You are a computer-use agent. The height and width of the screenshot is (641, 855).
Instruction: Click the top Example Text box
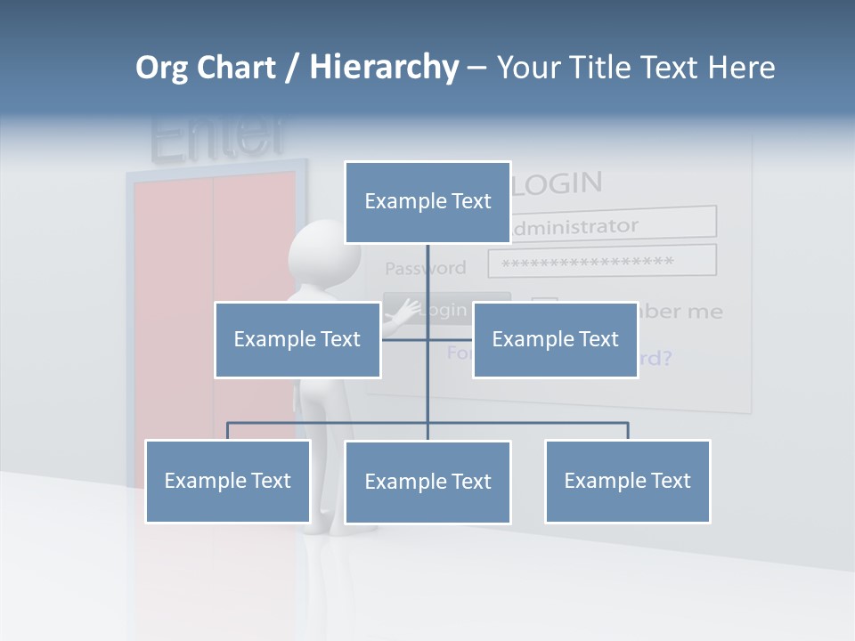click(427, 202)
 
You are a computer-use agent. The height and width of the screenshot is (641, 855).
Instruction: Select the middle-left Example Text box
click(297, 339)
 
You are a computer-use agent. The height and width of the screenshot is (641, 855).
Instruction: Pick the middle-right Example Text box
click(555, 339)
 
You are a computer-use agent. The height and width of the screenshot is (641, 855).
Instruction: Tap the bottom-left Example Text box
click(227, 481)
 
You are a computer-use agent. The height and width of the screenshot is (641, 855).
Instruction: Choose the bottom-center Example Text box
click(427, 482)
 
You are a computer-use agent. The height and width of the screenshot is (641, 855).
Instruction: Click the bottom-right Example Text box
click(627, 481)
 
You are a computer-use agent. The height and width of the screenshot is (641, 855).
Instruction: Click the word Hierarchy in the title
click(384, 68)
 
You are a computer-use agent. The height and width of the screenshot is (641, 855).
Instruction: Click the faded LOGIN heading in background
click(558, 183)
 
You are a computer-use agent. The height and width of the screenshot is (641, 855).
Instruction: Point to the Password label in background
click(425, 268)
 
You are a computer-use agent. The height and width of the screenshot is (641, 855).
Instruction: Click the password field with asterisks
click(602, 262)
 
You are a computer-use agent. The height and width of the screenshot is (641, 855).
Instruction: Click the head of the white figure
click(317, 252)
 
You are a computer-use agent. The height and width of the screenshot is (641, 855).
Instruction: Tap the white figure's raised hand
click(405, 312)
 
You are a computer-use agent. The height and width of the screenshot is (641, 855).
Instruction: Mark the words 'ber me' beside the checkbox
click(680, 312)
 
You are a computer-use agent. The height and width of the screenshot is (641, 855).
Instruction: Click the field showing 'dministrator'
click(613, 224)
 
